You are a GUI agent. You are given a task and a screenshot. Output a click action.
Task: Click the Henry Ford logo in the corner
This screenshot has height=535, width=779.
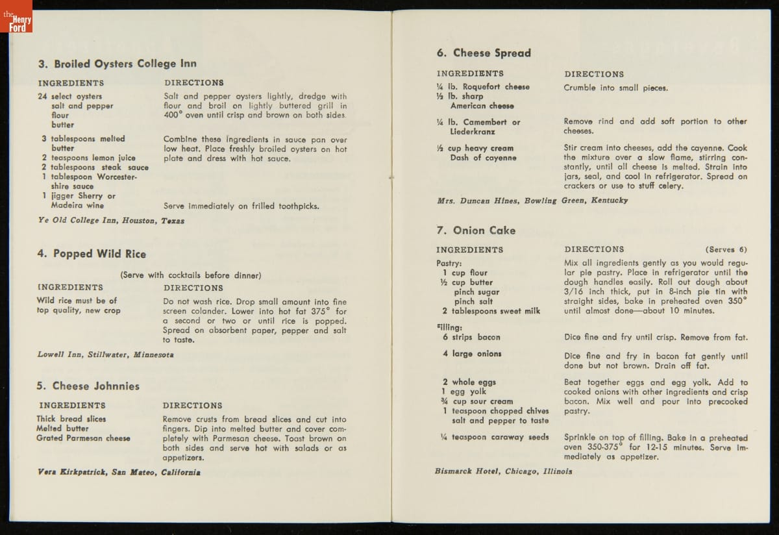point(16,16)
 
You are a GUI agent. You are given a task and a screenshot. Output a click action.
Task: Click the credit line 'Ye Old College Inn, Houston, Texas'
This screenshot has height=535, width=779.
point(111,221)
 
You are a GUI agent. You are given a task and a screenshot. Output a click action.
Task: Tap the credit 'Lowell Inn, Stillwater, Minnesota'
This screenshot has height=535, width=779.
point(105,355)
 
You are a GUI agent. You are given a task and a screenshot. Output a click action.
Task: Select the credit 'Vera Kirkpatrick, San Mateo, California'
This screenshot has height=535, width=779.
point(118,472)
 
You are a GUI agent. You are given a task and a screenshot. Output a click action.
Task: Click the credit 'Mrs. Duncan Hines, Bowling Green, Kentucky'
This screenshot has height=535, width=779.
point(532,201)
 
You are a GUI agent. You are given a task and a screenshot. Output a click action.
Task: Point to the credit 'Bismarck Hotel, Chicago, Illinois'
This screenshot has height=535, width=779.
point(503,471)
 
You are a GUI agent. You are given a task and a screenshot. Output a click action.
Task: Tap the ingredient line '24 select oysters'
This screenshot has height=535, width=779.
point(70,96)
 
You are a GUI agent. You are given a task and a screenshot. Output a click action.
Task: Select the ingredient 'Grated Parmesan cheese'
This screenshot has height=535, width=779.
point(83,438)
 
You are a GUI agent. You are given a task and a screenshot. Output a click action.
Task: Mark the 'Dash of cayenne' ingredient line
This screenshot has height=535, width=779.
point(483,158)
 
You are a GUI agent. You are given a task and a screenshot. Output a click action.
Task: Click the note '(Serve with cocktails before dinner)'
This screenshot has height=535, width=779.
point(190,275)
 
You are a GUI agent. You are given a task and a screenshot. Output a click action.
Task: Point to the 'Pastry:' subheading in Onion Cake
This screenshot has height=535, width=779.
point(449,263)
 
